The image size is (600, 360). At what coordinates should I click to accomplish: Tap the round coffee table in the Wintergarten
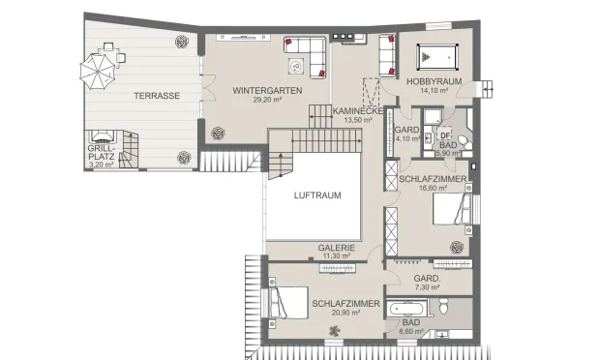point(296,66)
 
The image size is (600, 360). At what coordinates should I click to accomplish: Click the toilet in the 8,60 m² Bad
point(443,307)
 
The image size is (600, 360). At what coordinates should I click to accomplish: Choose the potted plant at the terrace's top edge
point(182,41)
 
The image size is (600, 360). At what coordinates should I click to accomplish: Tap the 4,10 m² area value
point(407,138)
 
